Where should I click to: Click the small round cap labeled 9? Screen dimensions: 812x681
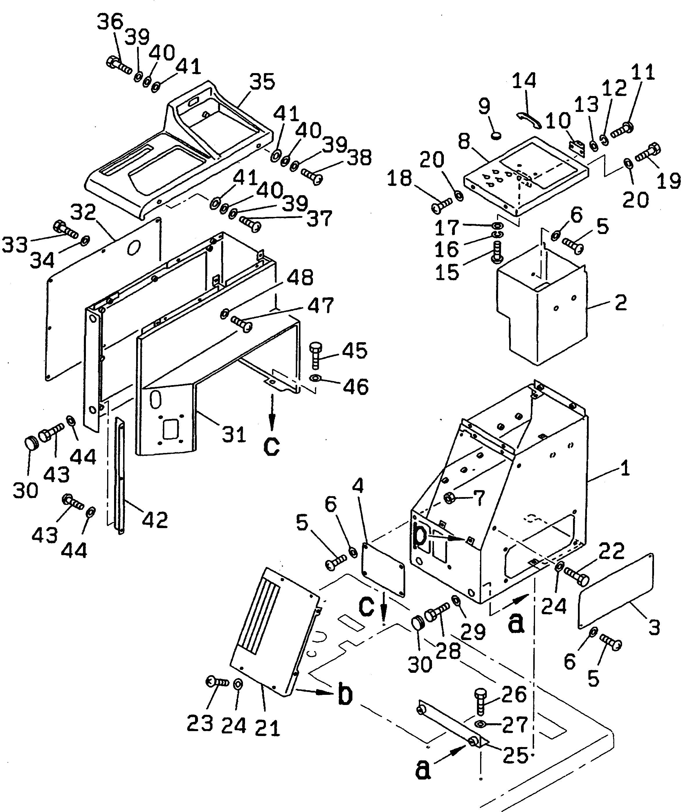(496, 136)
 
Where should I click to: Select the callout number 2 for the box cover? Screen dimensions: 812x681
(620, 302)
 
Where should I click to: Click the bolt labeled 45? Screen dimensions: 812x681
(315, 355)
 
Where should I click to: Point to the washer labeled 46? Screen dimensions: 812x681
(315, 377)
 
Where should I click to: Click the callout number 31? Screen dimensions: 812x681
(234, 434)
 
